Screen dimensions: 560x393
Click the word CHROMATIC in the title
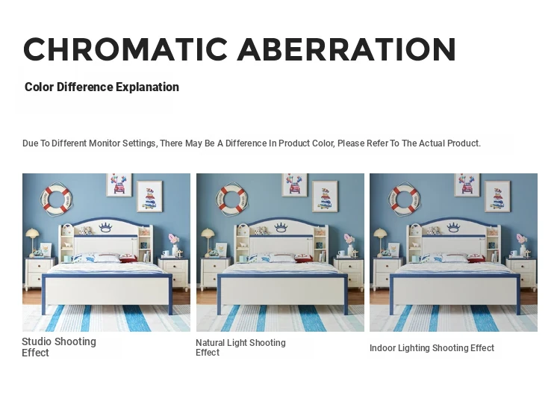[x=125, y=49]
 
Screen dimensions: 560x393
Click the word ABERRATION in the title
[x=346, y=49]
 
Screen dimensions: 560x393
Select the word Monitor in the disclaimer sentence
[x=105, y=143]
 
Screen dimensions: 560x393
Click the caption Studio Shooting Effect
[x=59, y=347]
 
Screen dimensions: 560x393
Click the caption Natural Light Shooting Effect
[x=240, y=347]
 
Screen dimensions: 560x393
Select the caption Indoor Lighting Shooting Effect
[x=432, y=348]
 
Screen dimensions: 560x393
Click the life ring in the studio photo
[x=56, y=199]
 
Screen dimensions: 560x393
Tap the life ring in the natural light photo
[x=231, y=199]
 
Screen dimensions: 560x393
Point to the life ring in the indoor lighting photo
[x=404, y=199]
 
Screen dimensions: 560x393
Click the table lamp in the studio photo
[x=33, y=241]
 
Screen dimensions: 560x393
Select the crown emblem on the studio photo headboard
[x=106, y=227]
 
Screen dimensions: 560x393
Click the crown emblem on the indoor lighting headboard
[x=453, y=227]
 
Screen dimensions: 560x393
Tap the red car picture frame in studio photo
[x=119, y=185]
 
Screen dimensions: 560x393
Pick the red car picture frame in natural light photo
[x=295, y=185]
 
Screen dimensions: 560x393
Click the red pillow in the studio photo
[x=128, y=258]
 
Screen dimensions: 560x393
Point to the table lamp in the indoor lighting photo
[x=380, y=241]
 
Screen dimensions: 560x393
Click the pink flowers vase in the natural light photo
[x=349, y=244]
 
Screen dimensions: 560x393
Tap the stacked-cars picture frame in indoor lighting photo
[x=497, y=196]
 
